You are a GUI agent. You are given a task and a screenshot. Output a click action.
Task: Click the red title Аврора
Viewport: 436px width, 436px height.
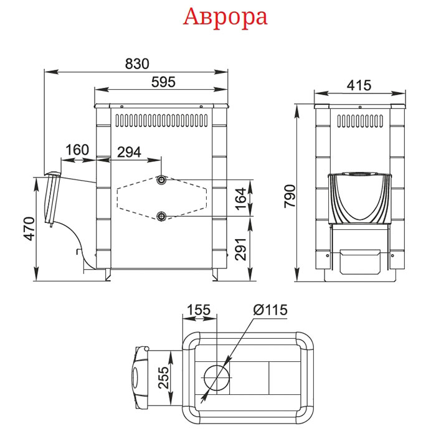pyautogui.click(x=225, y=18)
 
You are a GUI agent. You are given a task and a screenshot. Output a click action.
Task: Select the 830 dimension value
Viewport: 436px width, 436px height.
pyautogui.click(x=137, y=64)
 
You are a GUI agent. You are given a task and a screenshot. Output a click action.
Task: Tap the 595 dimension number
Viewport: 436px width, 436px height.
pyautogui.click(x=163, y=82)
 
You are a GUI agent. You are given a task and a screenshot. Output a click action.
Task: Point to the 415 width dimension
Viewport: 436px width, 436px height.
pyautogui.click(x=359, y=85)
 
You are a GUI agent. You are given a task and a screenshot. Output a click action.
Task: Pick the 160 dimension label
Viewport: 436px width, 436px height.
pyautogui.click(x=77, y=150)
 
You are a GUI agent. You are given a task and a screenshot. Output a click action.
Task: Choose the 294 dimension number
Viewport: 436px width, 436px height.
pyautogui.click(x=129, y=152)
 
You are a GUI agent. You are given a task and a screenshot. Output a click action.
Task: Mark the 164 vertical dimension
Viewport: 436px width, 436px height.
pyautogui.click(x=241, y=199)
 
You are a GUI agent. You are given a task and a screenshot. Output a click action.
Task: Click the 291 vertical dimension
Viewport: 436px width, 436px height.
pyautogui.click(x=241, y=249)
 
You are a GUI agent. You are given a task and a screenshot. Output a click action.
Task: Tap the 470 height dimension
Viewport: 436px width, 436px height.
pyautogui.click(x=29, y=229)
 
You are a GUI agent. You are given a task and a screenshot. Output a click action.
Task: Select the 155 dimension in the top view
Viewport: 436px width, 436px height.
pyautogui.click(x=199, y=310)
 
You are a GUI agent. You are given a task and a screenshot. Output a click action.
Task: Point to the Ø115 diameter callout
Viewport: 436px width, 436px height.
pyautogui.click(x=270, y=310)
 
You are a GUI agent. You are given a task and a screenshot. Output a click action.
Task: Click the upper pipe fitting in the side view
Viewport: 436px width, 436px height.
pyautogui.click(x=161, y=180)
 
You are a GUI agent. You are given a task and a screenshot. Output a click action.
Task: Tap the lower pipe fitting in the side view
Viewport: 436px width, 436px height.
pyautogui.click(x=161, y=216)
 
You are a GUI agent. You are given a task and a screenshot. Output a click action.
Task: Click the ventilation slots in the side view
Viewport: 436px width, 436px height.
pyautogui.click(x=161, y=120)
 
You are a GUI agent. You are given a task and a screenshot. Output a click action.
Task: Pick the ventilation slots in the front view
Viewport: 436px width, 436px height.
pyautogui.click(x=360, y=121)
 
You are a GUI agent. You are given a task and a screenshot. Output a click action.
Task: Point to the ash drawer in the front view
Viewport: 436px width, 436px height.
pyautogui.click(x=360, y=262)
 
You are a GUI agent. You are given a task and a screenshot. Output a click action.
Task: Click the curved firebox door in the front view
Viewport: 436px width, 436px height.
pyautogui.click(x=360, y=198)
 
